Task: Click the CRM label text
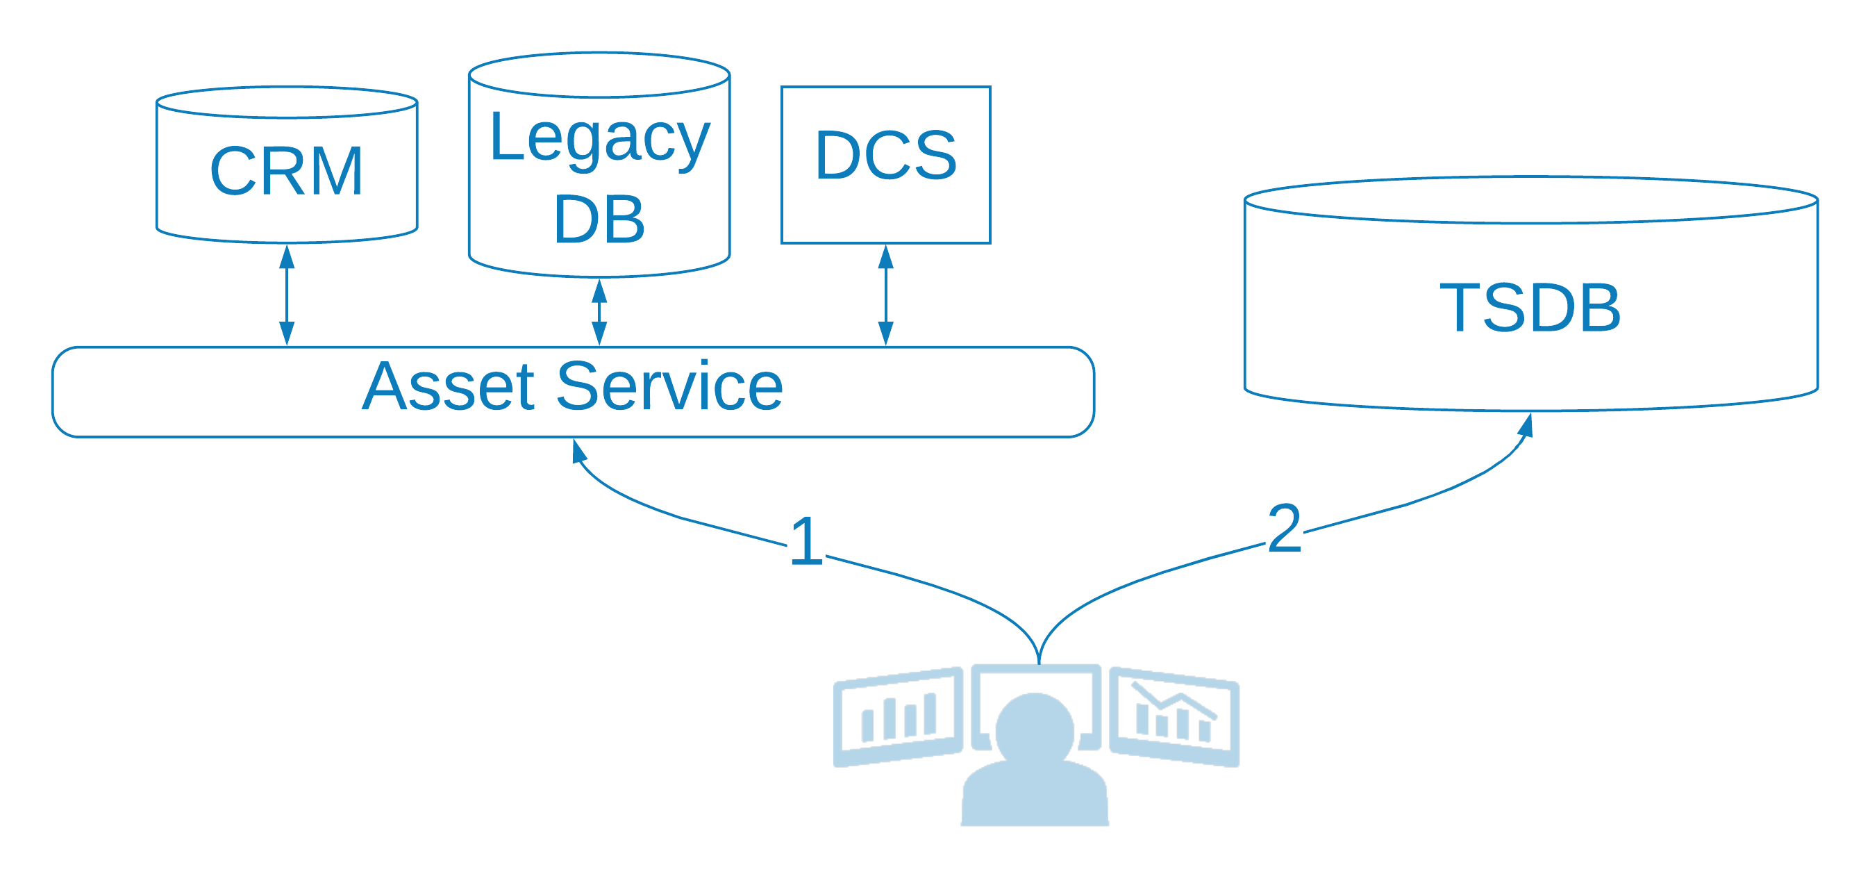pos(287,172)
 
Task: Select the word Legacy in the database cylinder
pos(600,139)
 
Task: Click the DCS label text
pos(885,155)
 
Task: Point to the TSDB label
pos(1530,307)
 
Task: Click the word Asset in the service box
pos(449,386)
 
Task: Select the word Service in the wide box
pos(669,386)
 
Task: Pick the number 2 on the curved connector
pos(1284,528)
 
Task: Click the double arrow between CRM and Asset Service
pos(287,295)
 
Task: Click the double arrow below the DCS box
pos(885,295)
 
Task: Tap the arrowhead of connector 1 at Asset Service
pos(578,450)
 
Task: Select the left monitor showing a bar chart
pos(898,717)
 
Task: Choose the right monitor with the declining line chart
pos(1174,717)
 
